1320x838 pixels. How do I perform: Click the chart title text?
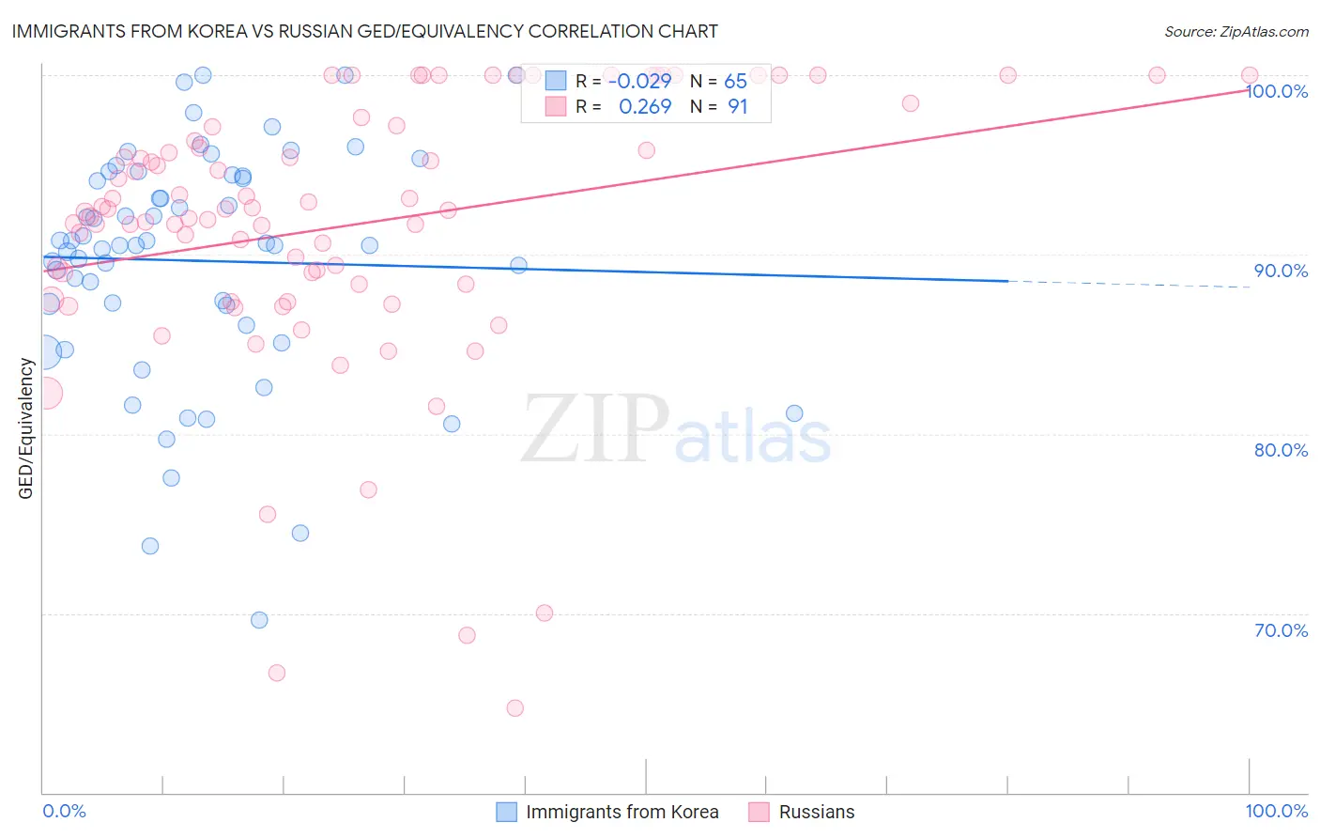pyautogui.click(x=365, y=31)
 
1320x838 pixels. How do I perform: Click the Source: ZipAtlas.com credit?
pyautogui.click(x=1236, y=32)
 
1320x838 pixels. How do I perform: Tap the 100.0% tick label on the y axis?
pyautogui.click(x=1277, y=91)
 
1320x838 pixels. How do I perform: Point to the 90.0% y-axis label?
pyautogui.click(x=1281, y=271)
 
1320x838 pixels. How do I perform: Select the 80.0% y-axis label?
pyautogui.click(x=1281, y=450)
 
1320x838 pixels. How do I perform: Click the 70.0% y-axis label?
pyautogui.click(x=1281, y=630)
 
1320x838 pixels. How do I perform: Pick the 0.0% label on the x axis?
pyautogui.click(x=64, y=811)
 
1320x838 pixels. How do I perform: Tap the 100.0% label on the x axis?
pyautogui.click(x=1276, y=811)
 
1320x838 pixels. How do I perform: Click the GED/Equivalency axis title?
pyautogui.click(x=26, y=428)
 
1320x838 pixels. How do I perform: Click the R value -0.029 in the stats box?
pyautogui.click(x=639, y=82)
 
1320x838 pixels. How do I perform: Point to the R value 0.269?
pyautogui.click(x=645, y=107)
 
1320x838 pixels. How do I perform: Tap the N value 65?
pyautogui.click(x=735, y=82)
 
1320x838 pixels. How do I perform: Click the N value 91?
pyautogui.click(x=737, y=107)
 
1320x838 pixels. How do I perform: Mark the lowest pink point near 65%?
pyautogui.click(x=514, y=708)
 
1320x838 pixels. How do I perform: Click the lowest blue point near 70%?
pyautogui.click(x=259, y=620)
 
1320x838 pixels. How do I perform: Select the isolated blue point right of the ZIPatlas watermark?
pyautogui.click(x=794, y=413)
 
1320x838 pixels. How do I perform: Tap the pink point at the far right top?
pyautogui.click(x=1250, y=75)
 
